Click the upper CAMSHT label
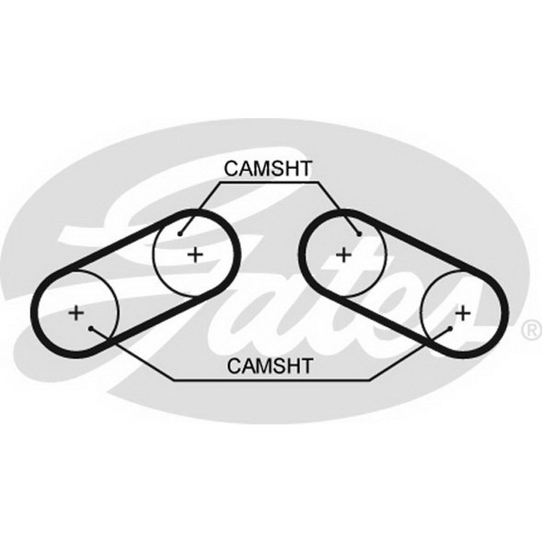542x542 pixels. tap(268, 169)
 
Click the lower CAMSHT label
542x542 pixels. tap(270, 365)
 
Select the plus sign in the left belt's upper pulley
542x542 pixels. tap(195, 255)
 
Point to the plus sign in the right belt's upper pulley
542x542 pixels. tap(344, 255)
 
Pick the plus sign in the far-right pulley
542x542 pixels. tap(463, 313)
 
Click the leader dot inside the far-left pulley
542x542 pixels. tap(91, 328)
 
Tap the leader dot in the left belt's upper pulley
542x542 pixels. tap(180, 234)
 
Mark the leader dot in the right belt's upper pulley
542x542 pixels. tap(359, 234)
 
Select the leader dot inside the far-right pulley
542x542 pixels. tap(450, 328)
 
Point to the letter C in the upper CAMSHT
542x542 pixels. tap(231, 169)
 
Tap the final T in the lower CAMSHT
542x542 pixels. tap(306, 365)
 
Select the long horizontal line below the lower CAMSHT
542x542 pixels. tap(272, 380)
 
